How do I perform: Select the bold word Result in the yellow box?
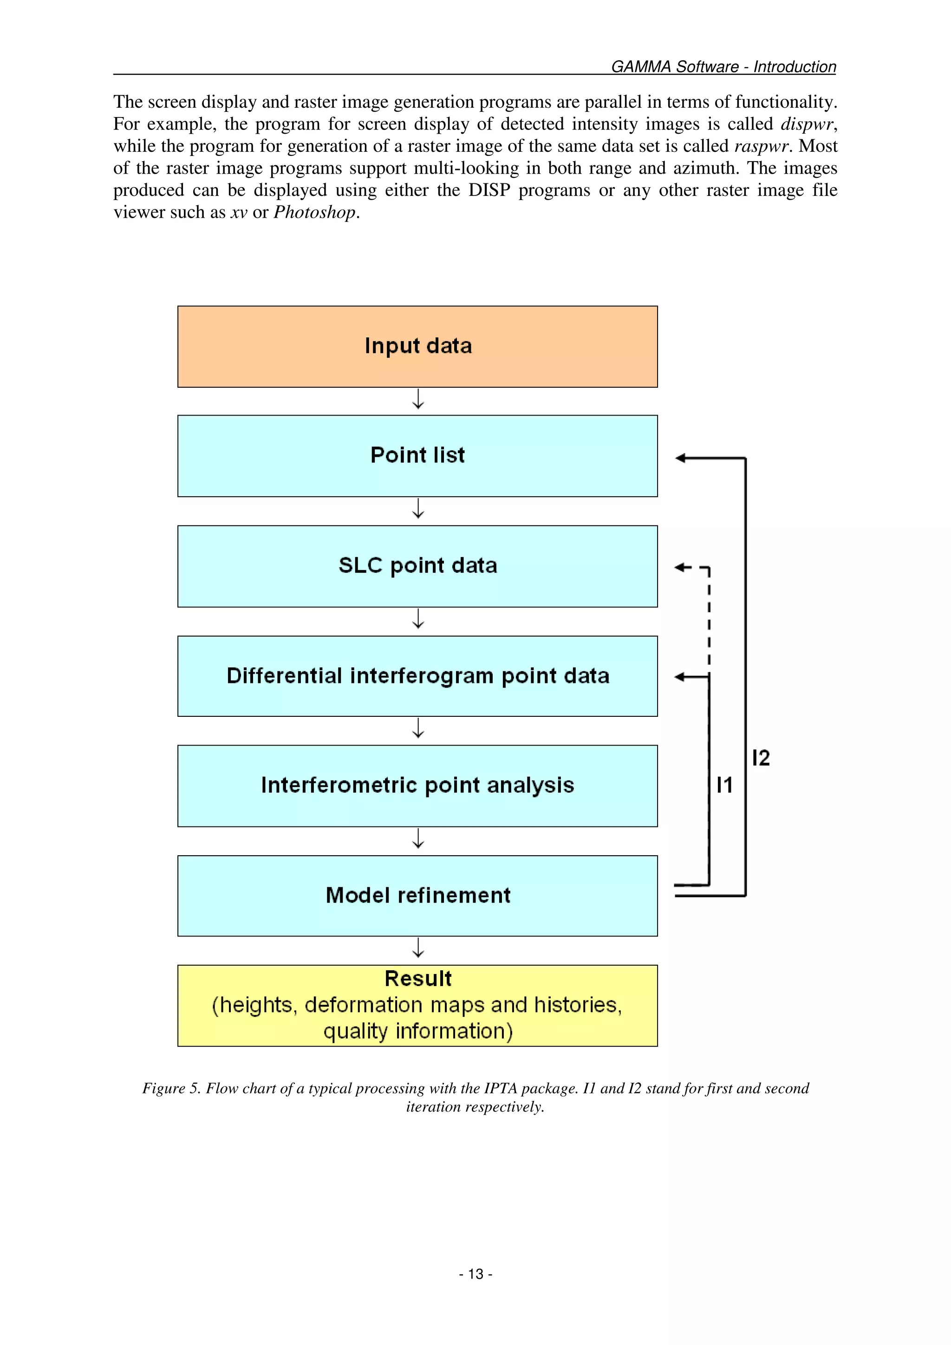[x=418, y=979]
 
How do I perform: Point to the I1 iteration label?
[x=724, y=785]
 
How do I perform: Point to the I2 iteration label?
[x=761, y=758]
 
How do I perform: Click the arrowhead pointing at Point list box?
[x=680, y=458]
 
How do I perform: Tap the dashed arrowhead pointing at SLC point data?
[x=680, y=567]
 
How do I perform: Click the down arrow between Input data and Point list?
[x=418, y=400]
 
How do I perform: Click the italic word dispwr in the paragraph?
[x=806, y=124]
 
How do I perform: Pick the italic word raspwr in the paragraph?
[x=761, y=146]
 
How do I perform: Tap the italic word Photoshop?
[x=315, y=212]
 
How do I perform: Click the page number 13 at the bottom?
[x=475, y=1274]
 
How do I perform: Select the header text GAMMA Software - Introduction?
[x=723, y=67]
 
